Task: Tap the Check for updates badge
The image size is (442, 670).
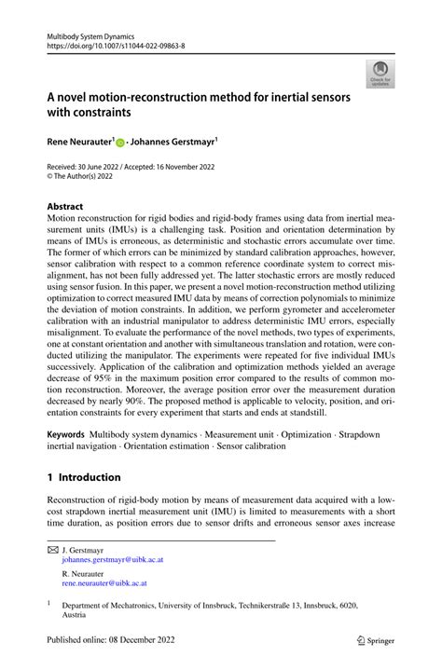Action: [x=380, y=74]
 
